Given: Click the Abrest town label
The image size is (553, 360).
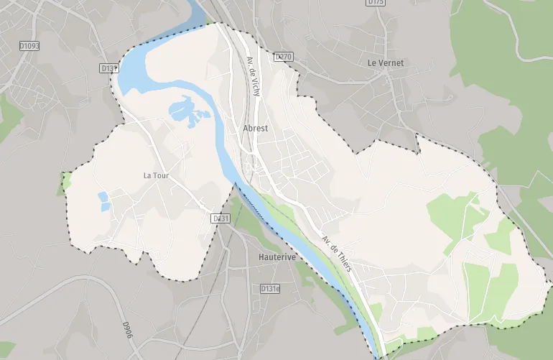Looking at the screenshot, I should coord(256,129).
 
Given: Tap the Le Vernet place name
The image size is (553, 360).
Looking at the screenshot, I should coord(386,63).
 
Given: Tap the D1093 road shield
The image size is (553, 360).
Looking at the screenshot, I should coord(29,46).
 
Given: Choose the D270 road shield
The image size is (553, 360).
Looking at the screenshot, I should coord(284,56).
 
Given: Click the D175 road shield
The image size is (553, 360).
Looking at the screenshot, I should coord(376,3).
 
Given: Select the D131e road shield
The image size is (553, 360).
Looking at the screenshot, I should coord(270,289).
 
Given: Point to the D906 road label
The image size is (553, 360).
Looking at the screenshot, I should coord(127,330).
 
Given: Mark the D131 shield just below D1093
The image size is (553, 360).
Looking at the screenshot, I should coord(109,68).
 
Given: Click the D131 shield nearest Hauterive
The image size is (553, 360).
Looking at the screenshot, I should coord(220,218).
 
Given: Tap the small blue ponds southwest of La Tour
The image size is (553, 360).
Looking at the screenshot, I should coord(104,201).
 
